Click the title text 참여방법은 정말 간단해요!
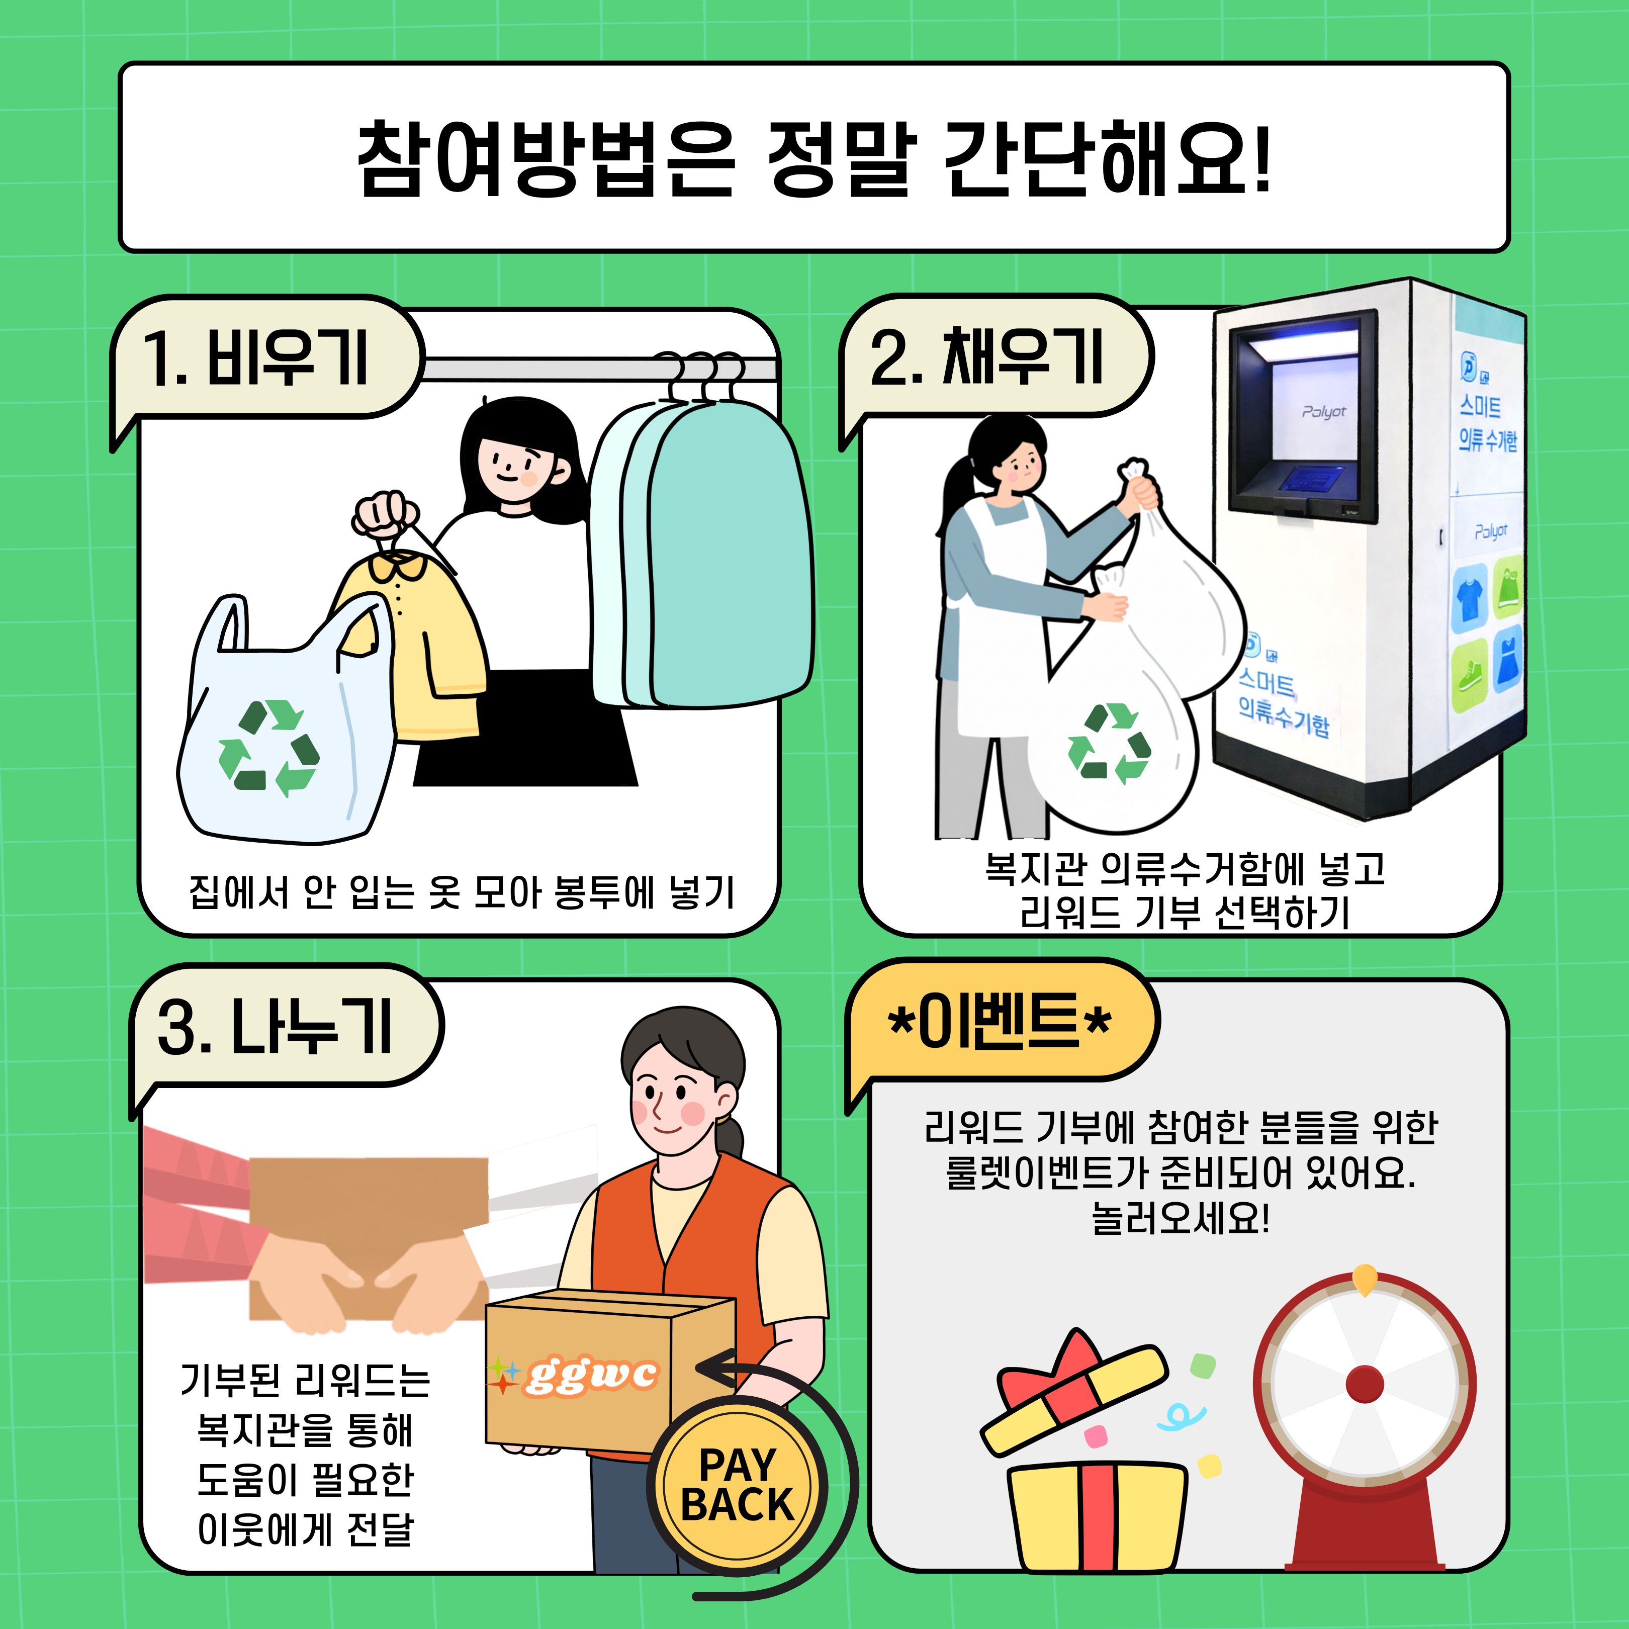pos(813,158)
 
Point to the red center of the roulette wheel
pos(1364,1384)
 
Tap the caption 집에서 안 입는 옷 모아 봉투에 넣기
pos(461,892)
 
